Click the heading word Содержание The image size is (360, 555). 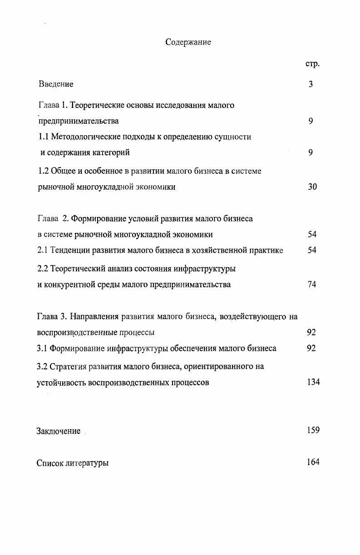coord(188,43)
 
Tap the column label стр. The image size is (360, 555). coord(312,64)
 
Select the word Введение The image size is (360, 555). coord(56,84)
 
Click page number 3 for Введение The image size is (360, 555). coord(311,84)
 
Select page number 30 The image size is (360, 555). coord(312,187)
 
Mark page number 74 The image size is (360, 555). coord(311,285)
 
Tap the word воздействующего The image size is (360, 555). coord(252,316)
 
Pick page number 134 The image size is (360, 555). coord(313,382)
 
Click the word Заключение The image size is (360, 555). coord(59,431)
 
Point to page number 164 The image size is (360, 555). coord(313,462)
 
